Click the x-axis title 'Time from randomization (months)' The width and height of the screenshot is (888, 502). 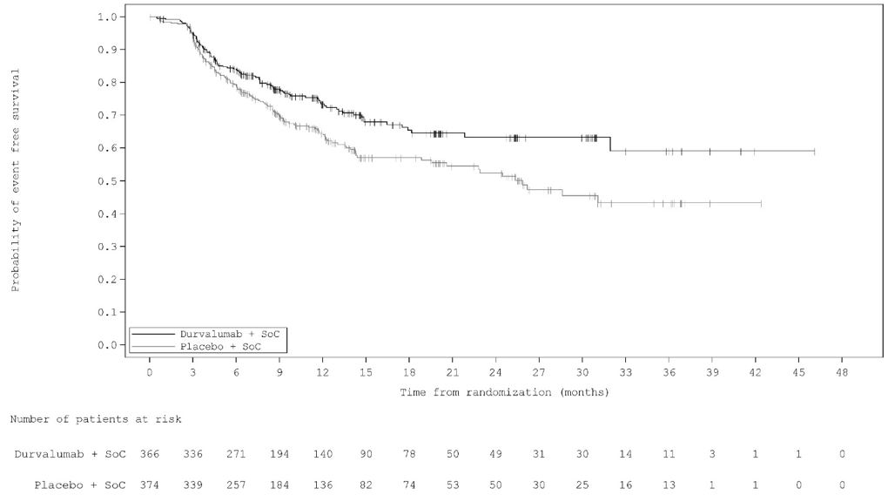(x=504, y=392)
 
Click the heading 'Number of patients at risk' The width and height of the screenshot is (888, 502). (x=96, y=420)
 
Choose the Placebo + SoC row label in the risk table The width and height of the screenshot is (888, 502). (x=80, y=484)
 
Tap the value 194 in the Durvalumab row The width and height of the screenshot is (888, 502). (x=279, y=454)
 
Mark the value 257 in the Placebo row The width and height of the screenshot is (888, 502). (x=236, y=484)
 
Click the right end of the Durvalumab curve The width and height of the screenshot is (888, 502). (x=814, y=152)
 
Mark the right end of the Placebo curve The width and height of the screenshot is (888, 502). (x=761, y=203)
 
